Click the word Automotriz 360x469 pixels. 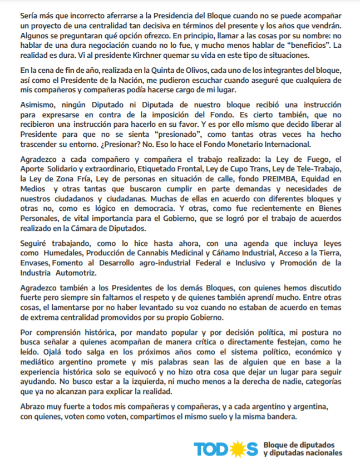coord(78,273)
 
